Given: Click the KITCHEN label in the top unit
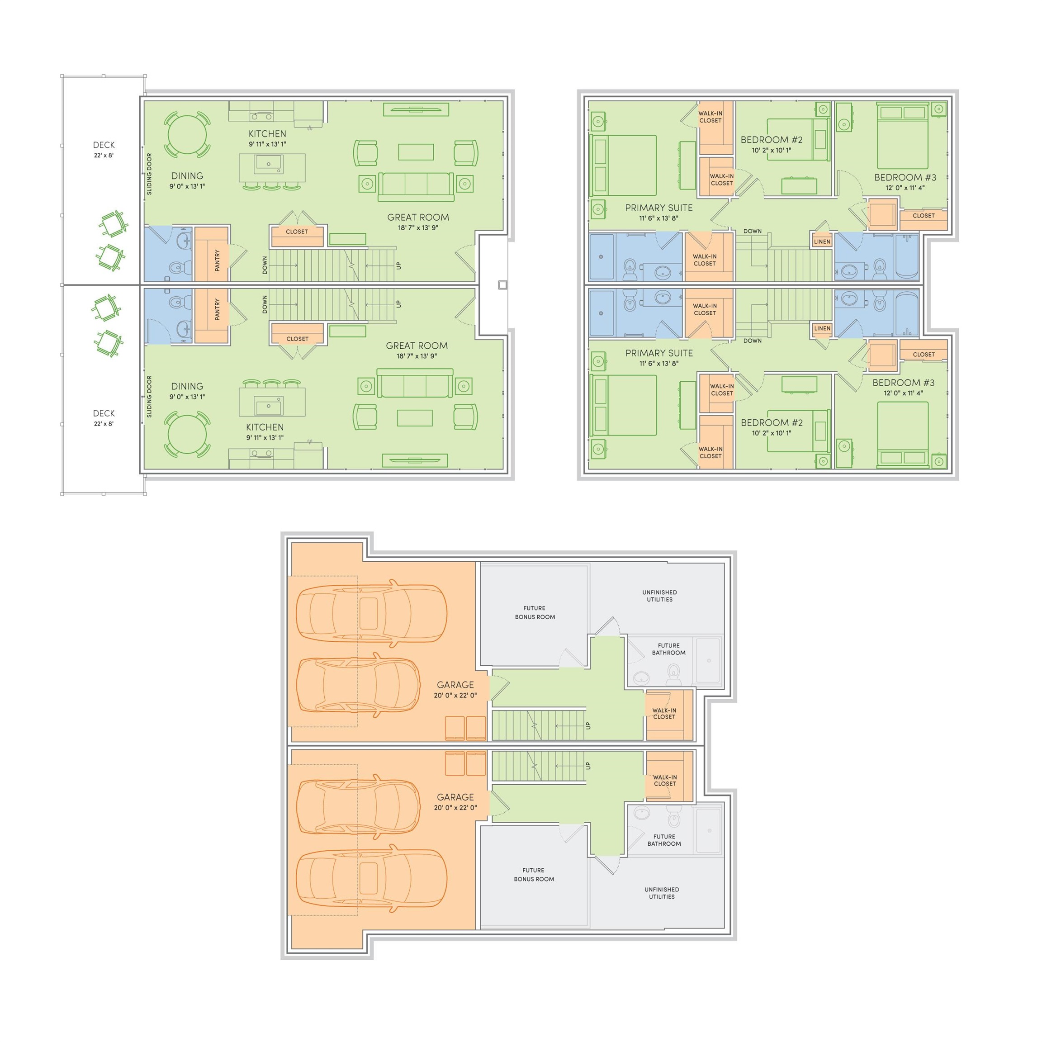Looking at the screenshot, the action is pyautogui.click(x=268, y=134).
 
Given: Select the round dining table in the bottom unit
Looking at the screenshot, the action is pyautogui.click(x=187, y=435).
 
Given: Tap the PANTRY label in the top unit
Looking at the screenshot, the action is pyautogui.click(x=218, y=260).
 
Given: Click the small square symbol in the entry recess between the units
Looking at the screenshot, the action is pyautogui.click(x=502, y=285).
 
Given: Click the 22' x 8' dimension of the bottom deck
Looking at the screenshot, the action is pyautogui.click(x=104, y=424).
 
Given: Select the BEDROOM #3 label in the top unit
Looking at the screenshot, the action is pyautogui.click(x=905, y=177).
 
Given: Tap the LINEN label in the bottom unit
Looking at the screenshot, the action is pyautogui.click(x=822, y=328).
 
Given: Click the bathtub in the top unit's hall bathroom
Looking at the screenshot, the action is pyautogui.click(x=907, y=257).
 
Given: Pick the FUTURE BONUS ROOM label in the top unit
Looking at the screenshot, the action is pyautogui.click(x=535, y=613).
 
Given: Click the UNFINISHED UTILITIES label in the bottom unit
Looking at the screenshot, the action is pyautogui.click(x=662, y=893).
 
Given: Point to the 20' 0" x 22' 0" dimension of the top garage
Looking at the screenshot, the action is pyautogui.click(x=455, y=695).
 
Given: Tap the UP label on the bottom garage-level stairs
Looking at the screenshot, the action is pyautogui.click(x=588, y=766).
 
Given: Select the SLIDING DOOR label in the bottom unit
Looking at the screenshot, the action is pyautogui.click(x=149, y=397).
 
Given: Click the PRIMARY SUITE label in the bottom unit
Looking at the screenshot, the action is pyautogui.click(x=659, y=353).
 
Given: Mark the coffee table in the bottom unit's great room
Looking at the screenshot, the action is pyautogui.click(x=415, y=418).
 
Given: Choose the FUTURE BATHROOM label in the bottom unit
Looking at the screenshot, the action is pyautogui.click(x=664, y=840).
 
